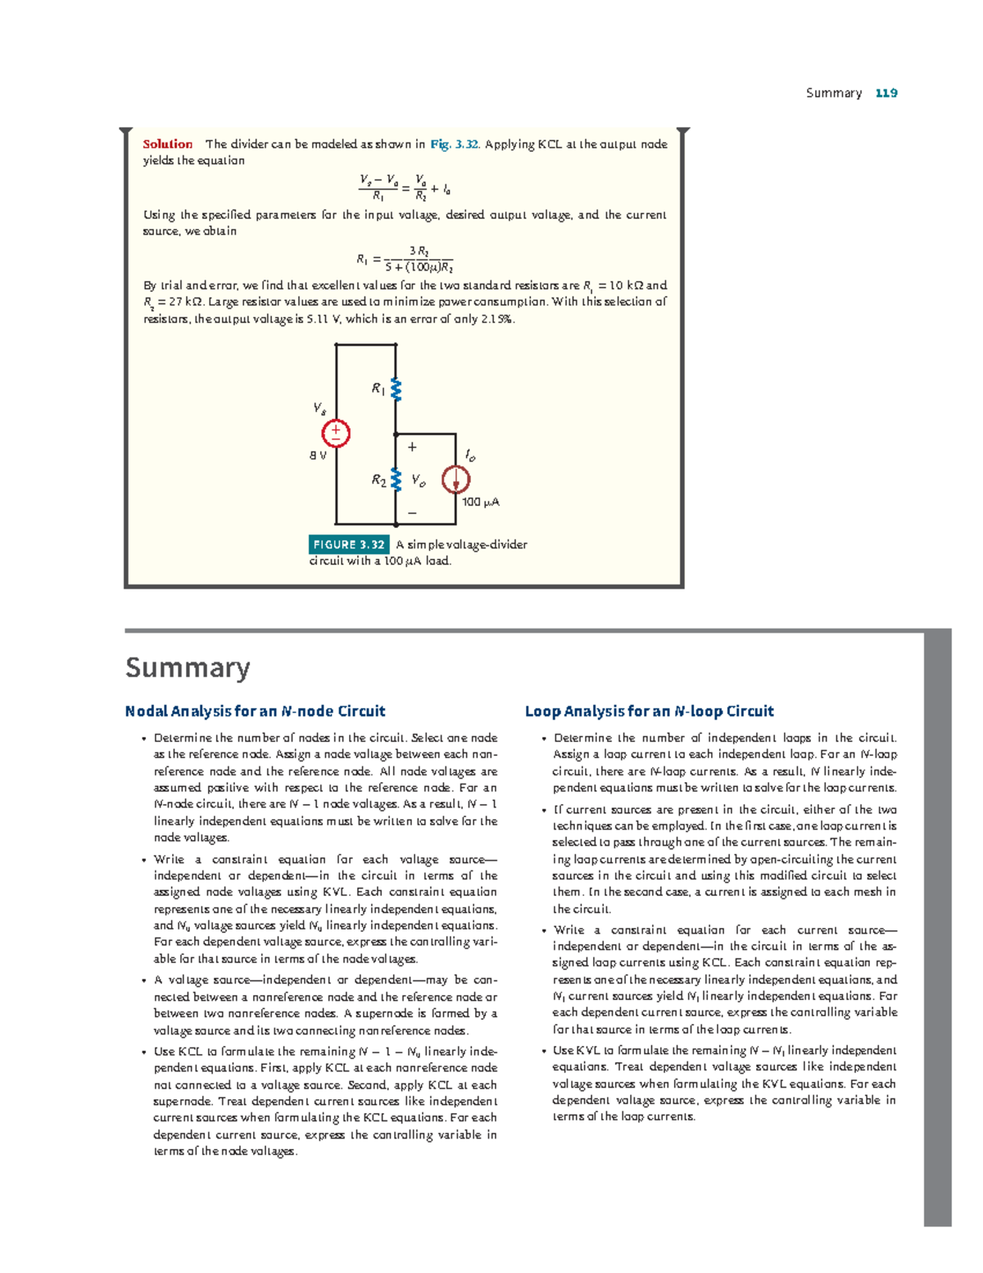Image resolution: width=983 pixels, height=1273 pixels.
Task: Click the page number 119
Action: (x=886, y=93)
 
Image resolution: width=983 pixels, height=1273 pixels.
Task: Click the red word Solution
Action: (x=167, y=144)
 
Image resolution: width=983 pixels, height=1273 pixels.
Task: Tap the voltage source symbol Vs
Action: (x=336, y=434)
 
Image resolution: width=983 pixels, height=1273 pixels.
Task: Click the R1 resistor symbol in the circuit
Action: (x=396, y=389)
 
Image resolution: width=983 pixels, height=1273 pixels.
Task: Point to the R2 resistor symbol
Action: (x=396, y=480)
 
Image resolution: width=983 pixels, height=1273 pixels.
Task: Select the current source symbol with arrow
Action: (x=455, y=480)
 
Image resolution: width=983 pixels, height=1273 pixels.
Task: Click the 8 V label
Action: (x=318, y=456)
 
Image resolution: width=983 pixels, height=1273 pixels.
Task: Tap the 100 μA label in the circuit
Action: (x=480, y=502)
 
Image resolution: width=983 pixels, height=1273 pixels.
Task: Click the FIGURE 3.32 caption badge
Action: (x=348, y=544)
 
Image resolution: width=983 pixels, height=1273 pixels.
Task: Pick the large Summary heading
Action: (x=188, y=668)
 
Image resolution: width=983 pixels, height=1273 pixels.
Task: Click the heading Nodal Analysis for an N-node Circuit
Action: (x=255, y=712)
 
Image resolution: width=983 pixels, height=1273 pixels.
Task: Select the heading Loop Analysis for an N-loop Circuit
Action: (x=649, y=712)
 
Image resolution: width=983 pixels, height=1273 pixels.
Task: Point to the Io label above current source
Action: (x=469, y=455)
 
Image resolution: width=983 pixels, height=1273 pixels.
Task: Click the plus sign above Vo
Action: (x=412, y=448)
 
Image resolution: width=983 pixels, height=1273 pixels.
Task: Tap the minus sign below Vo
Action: (x=412, y=513)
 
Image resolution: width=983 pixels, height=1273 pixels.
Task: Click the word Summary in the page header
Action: (x=833, y=93)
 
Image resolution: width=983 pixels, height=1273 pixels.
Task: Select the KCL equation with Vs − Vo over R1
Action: (x=404, y=188)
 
